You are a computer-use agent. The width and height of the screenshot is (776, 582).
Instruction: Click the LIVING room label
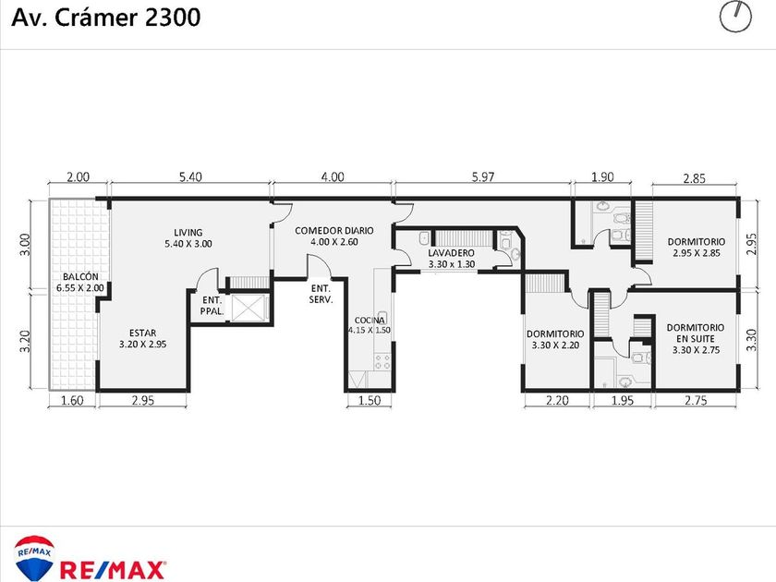[188, 238]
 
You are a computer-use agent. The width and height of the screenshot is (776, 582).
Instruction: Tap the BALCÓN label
[80, 282]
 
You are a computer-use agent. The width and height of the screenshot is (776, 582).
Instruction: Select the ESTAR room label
[142, 338]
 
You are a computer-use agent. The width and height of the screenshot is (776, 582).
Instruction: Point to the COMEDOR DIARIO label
[334, 236]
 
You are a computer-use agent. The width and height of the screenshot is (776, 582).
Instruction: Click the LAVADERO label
[451, 259]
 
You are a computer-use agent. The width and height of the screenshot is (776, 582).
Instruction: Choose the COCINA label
[370, 325]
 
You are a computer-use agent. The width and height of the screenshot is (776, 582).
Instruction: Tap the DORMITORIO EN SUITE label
[696, 338]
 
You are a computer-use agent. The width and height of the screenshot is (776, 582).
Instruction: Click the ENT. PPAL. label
[212, 306]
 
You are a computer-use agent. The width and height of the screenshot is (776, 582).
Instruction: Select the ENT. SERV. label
[321, 294]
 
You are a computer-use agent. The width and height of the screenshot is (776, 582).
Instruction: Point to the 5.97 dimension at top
[482, 176]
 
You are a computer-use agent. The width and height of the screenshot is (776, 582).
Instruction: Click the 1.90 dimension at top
[602, 176]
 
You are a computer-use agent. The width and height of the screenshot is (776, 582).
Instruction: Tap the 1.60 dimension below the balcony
[72, 400]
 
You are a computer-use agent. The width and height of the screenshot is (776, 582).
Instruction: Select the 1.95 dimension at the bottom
[622, 400]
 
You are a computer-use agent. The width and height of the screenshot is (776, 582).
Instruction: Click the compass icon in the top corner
[735, 17]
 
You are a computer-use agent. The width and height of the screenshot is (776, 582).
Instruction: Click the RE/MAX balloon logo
[33, 558]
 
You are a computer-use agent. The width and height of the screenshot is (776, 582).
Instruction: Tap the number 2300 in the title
[173, 18]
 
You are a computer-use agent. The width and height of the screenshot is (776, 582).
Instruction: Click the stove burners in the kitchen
[382, 362]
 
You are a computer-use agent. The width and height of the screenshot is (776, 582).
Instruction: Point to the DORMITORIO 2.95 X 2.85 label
[696, 248]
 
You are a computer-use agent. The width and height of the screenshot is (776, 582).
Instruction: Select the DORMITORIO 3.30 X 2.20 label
[555, 340]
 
